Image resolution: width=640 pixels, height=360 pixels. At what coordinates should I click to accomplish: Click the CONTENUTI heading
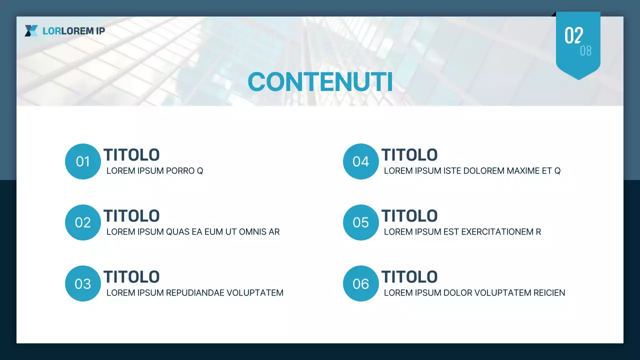[320, 82]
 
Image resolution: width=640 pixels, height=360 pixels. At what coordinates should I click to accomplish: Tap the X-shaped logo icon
[31, 31]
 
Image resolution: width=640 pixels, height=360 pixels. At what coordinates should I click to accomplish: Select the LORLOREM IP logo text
[73, 31]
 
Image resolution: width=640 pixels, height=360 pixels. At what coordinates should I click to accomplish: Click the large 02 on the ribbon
[573, 36]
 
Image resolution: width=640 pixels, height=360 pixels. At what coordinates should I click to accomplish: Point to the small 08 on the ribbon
[585, 50]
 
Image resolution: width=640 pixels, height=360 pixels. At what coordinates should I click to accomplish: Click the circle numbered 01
[83, 161]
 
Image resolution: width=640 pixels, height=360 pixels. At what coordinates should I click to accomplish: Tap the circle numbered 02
[83, 222]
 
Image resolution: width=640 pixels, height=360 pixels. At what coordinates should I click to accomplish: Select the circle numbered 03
[83, 283]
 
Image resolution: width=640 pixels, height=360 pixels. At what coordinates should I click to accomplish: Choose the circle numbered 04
[360, 161]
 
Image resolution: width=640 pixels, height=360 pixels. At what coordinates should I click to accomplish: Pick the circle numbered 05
[360, 222]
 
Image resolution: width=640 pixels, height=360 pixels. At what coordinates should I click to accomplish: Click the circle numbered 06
[360, 283]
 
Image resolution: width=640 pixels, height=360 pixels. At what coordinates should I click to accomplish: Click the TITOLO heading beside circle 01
[131, 155]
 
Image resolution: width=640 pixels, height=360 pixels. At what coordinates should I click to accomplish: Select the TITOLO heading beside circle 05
[409, 216]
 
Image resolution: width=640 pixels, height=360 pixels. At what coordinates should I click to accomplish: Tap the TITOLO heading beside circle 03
[131, 277]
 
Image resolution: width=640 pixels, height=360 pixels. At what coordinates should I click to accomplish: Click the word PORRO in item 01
[180, 171]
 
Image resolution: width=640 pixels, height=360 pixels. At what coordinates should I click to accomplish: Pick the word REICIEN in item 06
[548, 293]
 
